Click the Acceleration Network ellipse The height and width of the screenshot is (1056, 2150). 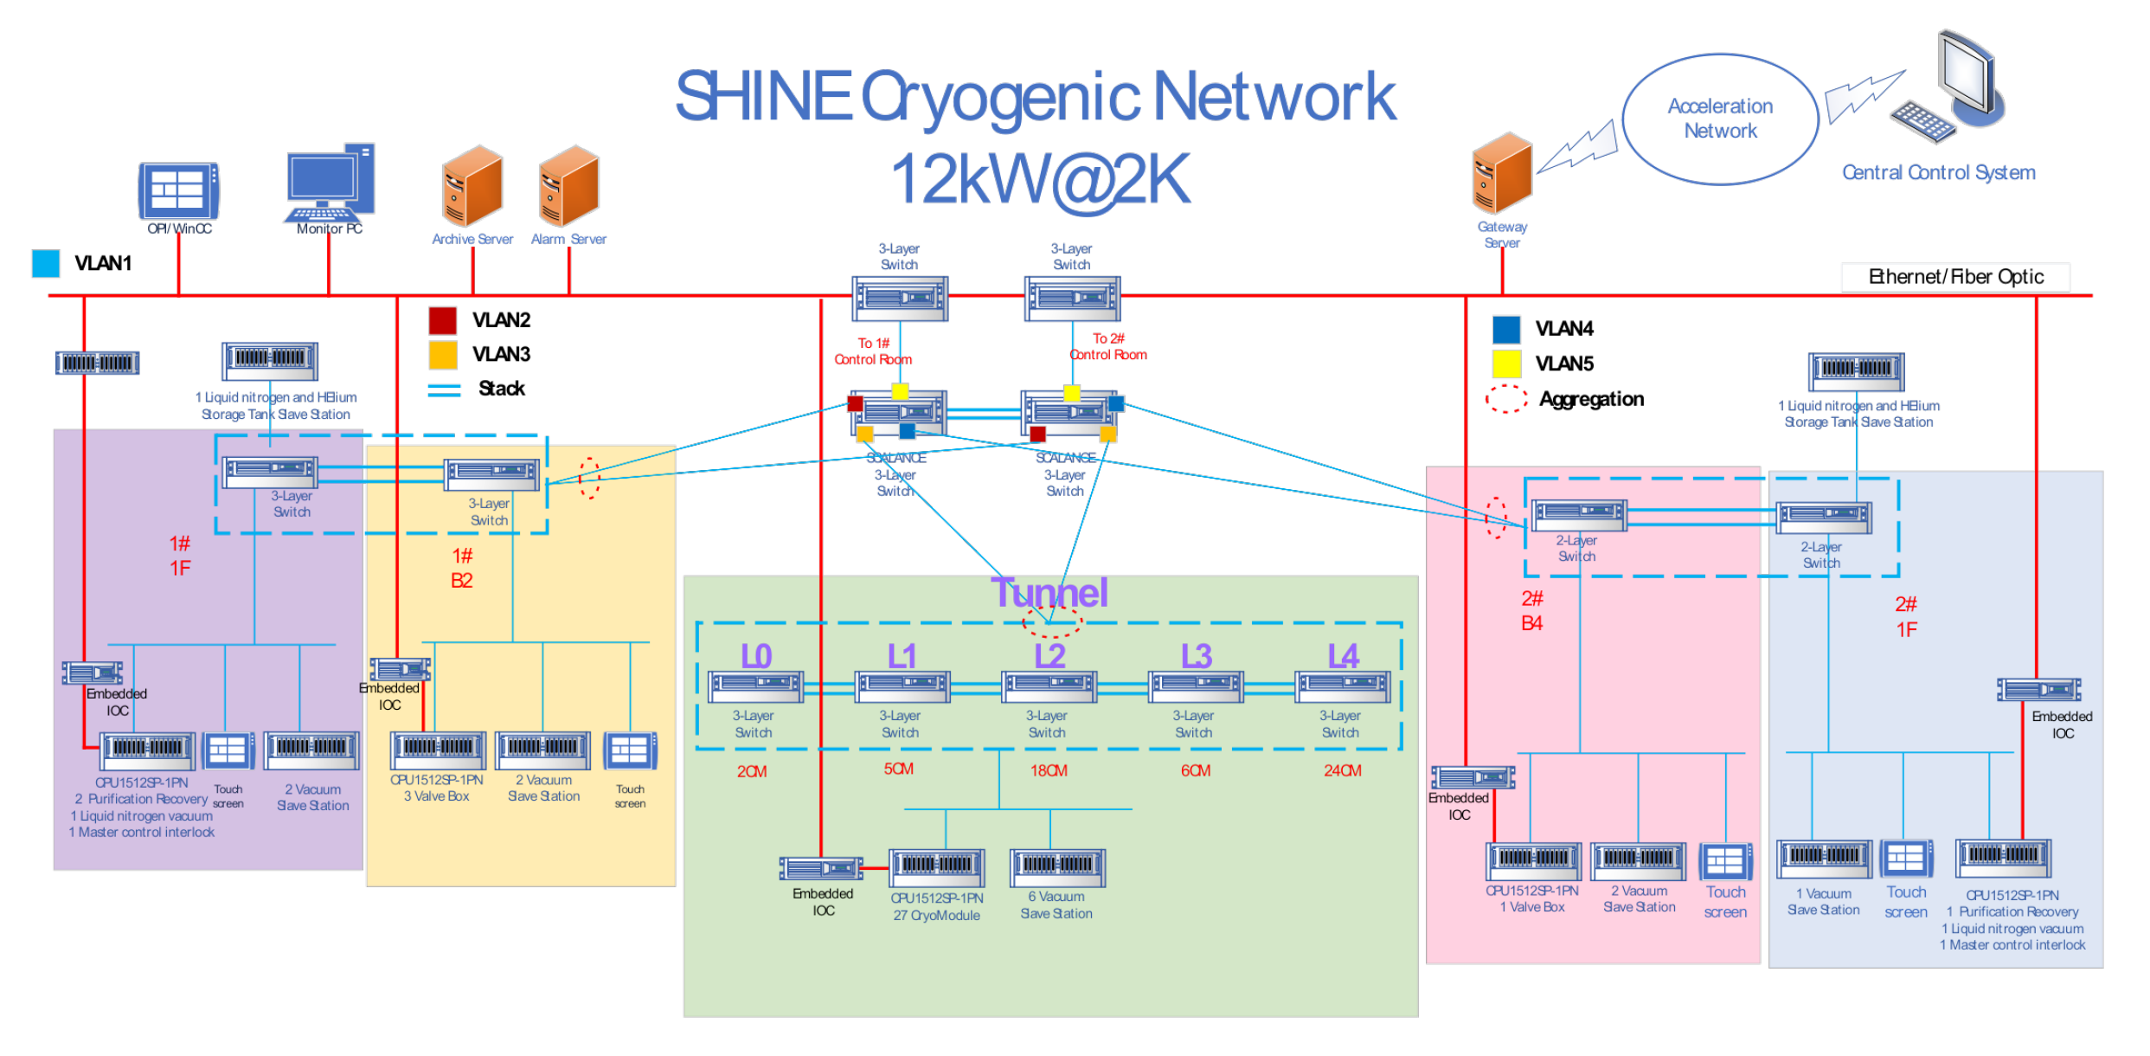(x=1720, y=119)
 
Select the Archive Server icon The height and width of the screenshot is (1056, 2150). (x=472, y=186)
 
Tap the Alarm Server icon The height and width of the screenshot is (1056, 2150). (x=568, y=186)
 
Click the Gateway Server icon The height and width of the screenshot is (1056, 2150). (x=1502, y=173)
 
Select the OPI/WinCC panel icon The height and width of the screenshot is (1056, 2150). (x=178, y=190)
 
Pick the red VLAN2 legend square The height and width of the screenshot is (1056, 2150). (x=443, y=320)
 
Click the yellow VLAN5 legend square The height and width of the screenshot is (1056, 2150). (x=1506, y=364)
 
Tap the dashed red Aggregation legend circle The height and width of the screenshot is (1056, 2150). (x=1506, y=399)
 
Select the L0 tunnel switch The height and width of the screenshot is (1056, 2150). (x=755, y=686)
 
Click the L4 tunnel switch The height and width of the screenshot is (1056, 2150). (x=1343, y=686)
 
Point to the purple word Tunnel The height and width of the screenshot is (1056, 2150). (x=1049, y=593)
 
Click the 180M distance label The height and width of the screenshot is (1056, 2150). (x=1049, y=770)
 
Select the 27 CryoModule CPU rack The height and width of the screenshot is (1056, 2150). (x=937, y=866)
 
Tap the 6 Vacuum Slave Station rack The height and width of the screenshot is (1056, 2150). (x=1057, y=866)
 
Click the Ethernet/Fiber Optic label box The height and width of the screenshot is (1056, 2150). (x=1955, y=277)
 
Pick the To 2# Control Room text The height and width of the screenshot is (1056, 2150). (x=1108, y=346)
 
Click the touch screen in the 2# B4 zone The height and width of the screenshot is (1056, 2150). (x=1725, y=862)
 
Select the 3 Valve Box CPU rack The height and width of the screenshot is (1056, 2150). (x=438, y=750)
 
